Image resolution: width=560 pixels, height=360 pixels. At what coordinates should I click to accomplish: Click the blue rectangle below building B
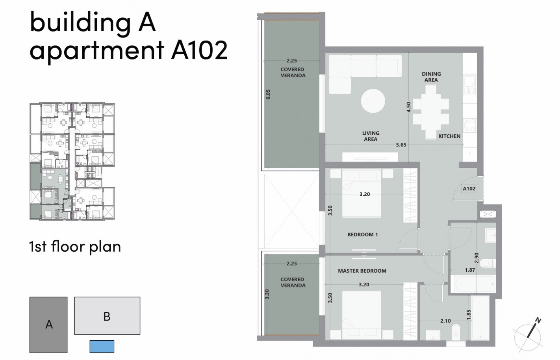102,347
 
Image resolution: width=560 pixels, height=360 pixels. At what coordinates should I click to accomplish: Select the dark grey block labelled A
48,325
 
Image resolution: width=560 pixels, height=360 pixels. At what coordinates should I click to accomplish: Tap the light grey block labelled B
107,316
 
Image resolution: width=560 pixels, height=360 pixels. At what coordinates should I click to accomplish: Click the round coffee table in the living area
373,101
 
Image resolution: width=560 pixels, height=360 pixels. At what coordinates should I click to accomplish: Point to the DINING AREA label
431,77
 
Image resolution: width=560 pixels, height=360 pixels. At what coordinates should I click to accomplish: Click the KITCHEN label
449,136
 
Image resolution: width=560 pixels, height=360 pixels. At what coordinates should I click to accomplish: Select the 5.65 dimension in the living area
401,145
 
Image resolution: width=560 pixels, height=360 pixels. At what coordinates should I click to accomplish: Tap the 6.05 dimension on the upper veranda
268,94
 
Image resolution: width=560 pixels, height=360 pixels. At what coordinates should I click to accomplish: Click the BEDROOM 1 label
362,234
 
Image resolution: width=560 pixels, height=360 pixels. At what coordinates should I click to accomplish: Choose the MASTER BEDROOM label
362,271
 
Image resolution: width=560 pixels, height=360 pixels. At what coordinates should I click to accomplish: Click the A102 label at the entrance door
469,189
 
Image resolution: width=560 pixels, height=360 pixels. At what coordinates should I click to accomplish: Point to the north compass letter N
538,321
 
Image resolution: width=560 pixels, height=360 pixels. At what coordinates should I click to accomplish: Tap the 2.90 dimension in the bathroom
476,258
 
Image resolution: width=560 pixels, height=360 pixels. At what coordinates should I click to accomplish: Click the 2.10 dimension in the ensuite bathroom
445,321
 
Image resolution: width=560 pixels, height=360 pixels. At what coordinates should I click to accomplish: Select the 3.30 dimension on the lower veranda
267,294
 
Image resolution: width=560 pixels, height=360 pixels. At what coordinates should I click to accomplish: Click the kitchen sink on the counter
470,85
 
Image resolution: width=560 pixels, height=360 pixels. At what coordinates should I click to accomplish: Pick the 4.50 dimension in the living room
408,107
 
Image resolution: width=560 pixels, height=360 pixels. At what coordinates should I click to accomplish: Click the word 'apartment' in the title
97,50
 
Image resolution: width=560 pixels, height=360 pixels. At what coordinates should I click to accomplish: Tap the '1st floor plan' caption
75,247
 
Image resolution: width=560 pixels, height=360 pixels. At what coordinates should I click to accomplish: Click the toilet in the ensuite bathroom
456,332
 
